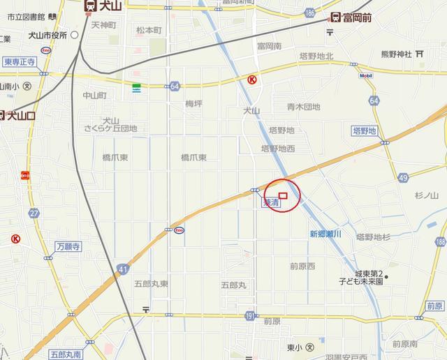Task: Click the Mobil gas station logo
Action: pyautogui.click(x=366, y=75)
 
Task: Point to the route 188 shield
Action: pyautogui.click(x=439, y=241)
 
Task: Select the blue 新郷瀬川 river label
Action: pyautogui.click(x=325, y=234)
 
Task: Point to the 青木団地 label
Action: pyautogui.click(x=303, y=107)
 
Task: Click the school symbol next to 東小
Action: pyautogui.click(x=310, y=347)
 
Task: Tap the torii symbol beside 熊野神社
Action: pyautogui.click(x=419, y=52)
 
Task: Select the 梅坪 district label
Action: pyautogui.click(x=193, y=104)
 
